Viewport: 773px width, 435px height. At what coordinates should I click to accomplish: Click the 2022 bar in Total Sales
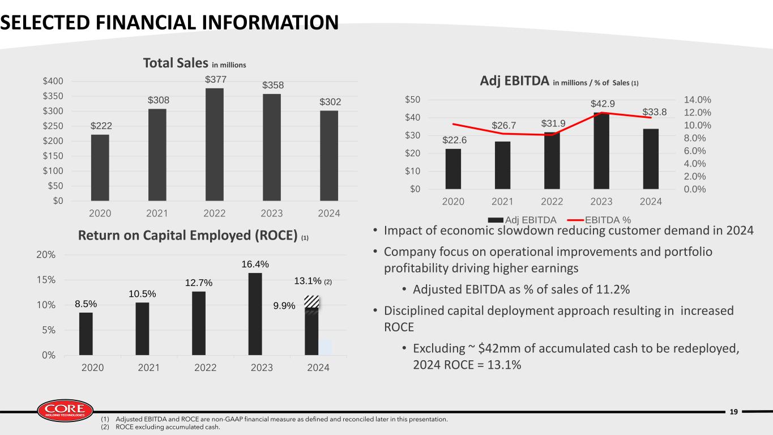click(x=214, y=144)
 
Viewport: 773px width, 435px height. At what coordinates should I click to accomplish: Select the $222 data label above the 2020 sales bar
click(x=101, y=126)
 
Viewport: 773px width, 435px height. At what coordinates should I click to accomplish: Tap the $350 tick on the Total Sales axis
click(x=53, y=96)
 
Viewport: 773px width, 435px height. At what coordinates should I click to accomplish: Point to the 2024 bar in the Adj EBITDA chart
click(x=651, y=159)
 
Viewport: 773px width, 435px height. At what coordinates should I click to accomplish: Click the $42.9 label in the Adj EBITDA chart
click(x=603, y=104)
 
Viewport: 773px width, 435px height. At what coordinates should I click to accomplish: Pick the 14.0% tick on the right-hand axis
click(x=698, y=100)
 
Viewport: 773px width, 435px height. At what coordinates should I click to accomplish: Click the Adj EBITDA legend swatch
click(x=496, y=220)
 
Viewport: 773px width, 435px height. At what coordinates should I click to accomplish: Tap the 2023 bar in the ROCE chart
click(x=255, y=314)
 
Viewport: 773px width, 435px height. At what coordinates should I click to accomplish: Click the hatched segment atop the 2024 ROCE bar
click(x=311, y=302)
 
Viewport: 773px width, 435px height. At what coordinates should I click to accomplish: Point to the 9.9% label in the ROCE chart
click(x=284, y=305)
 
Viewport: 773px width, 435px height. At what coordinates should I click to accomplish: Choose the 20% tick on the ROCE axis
click(x=46, y=255)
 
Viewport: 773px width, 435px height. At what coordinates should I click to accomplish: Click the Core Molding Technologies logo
click(x=65, y=411)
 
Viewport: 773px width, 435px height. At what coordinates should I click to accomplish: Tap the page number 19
click(x=734, y=412)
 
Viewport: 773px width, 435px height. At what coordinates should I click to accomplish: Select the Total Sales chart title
click(x=195, y=63)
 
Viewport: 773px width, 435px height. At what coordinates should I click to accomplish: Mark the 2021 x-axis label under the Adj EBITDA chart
click(x=502, y=202)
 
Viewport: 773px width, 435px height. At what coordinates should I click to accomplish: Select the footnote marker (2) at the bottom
click(x=105, y=427)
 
